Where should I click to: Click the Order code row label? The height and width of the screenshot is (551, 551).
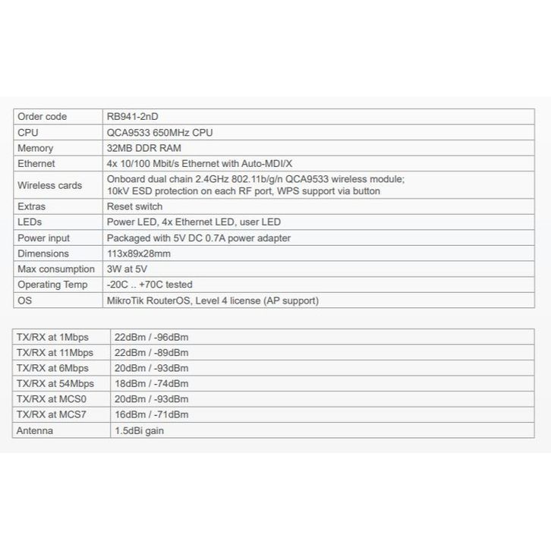tap(42, 116)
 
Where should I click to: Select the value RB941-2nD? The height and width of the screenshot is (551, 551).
tap(133, 116)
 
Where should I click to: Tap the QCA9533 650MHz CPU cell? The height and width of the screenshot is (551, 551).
tap(160, 132)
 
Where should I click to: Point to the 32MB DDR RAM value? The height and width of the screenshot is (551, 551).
tap(144, 148)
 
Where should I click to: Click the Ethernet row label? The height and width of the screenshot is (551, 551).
tap(36, 163)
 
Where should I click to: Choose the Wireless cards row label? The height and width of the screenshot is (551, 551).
tap(49, 185)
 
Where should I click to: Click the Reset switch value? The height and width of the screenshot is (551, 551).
tap(135, 206)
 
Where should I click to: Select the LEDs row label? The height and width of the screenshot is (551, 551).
tap(30, 222)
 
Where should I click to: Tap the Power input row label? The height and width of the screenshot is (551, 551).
tap(43, 238)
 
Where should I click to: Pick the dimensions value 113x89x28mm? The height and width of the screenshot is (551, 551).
tap(139, 253)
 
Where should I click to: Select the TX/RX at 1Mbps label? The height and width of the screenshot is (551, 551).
tap(52, 336)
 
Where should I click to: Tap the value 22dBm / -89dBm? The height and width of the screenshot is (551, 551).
tap(151, 352)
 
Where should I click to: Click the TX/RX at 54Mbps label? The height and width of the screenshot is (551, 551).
tap(55, 383)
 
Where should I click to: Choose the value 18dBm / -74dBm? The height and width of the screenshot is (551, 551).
tap(151, 383)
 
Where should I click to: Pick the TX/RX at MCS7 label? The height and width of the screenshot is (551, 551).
tap(52, 414)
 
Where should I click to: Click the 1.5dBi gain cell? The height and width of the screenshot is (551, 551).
tap(139, 430)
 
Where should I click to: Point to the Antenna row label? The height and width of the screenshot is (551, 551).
tap(35, 430)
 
